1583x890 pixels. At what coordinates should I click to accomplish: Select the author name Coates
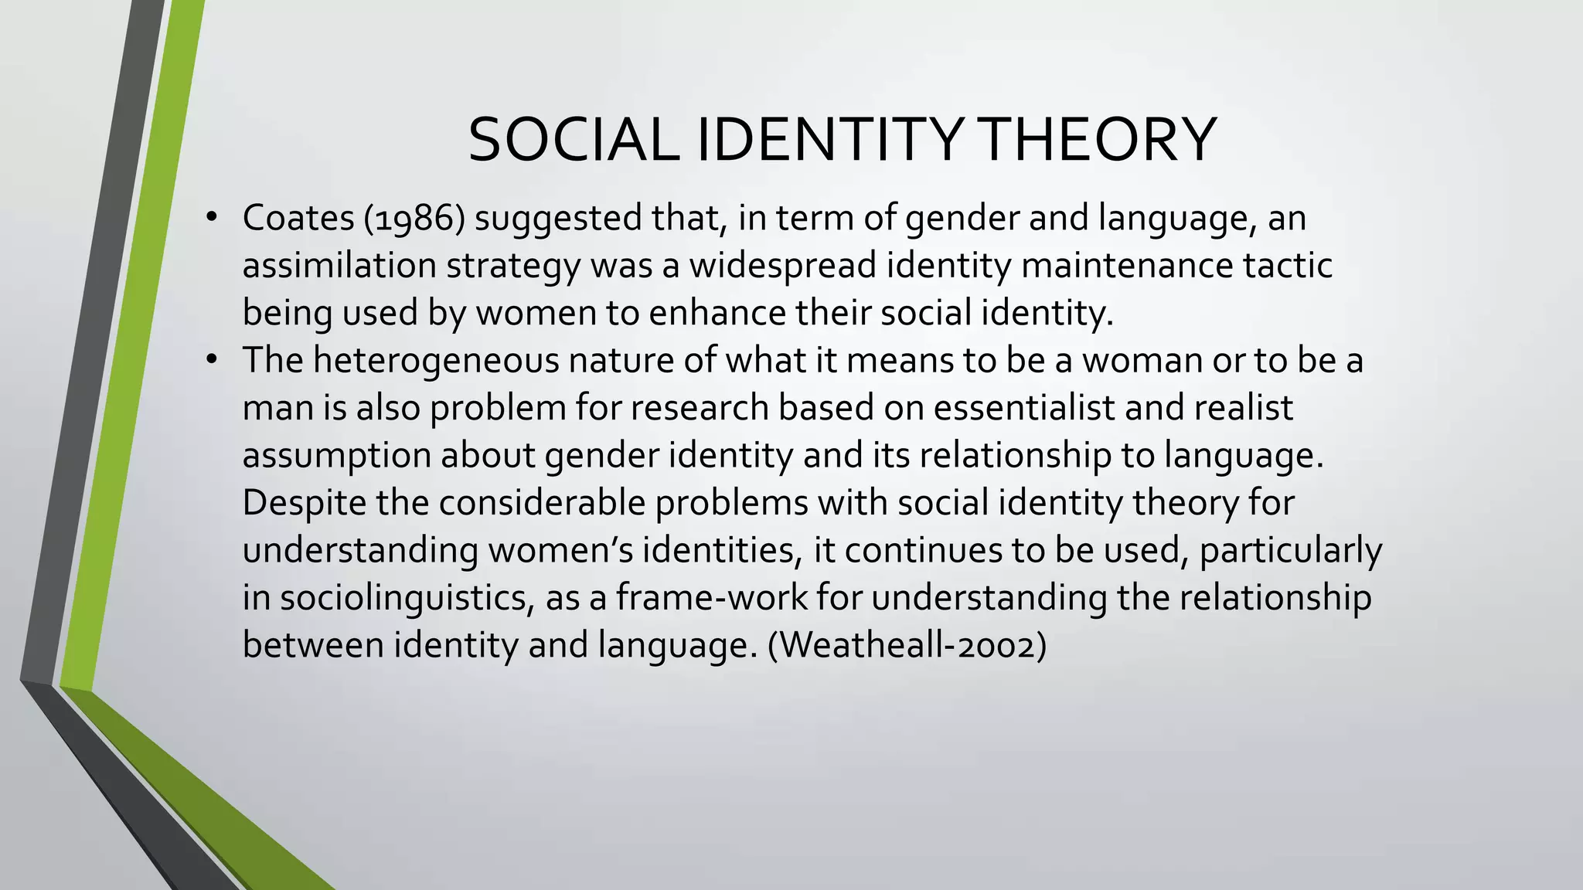coord(298,219)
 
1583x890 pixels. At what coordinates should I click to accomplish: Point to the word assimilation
coord(340,266)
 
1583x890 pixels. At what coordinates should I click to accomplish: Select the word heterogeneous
coord(436,361)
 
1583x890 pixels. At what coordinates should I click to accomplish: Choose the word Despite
coord(304,503)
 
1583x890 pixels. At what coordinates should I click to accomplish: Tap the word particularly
coord(1290,551)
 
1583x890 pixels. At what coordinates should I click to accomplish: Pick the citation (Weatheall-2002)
coord(907,645)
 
